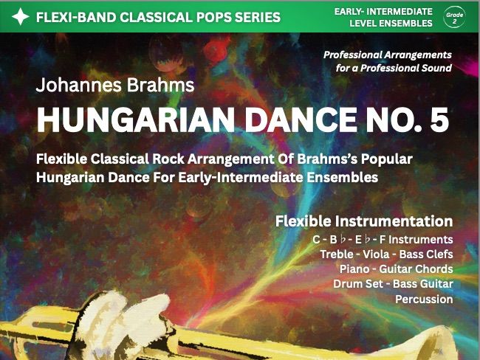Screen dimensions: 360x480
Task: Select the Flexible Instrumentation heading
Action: click(363, 221)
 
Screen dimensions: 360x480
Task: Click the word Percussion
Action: click(424, 300)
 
